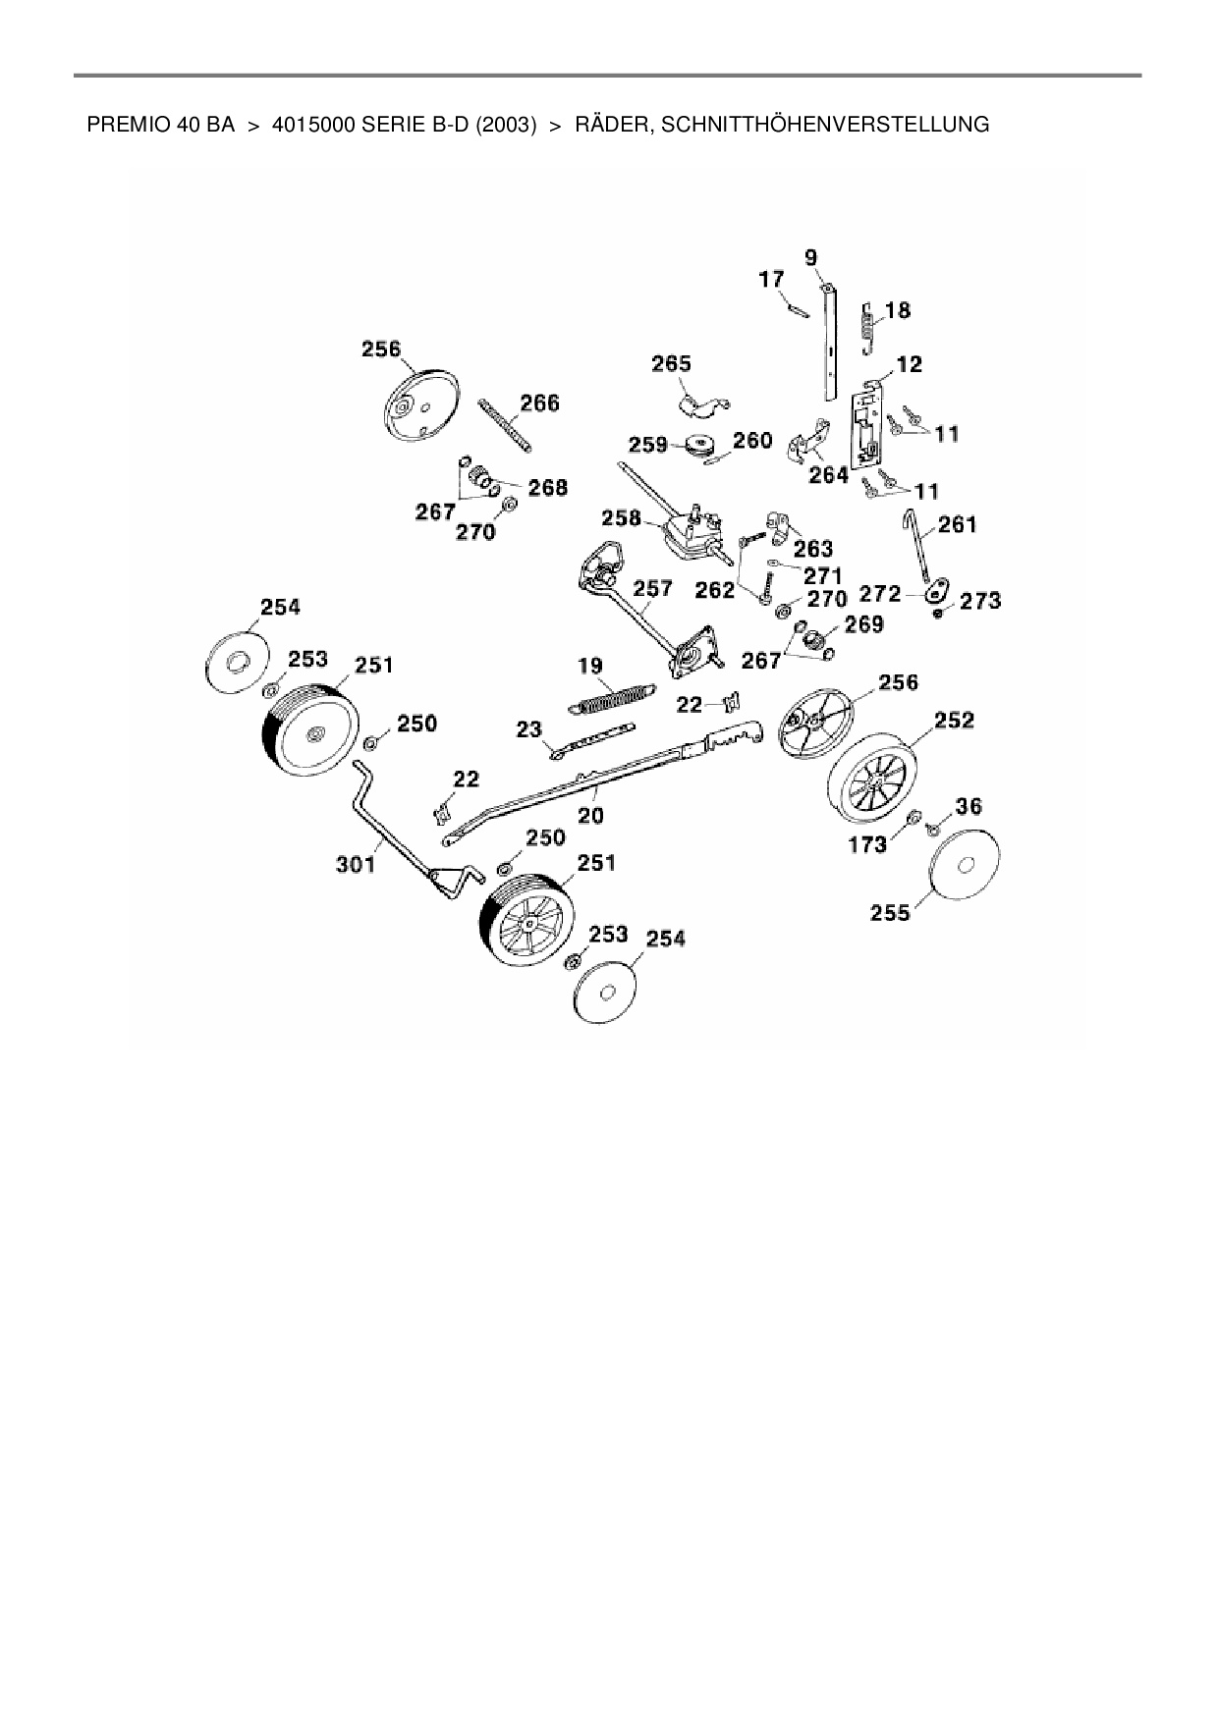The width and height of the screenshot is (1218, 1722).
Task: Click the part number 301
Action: click(x=356, y=865)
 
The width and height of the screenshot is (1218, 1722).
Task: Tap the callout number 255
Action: click(x=890, y=913)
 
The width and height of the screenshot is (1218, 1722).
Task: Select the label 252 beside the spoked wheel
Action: click(x=954, y=721)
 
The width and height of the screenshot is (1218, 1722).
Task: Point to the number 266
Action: click(x=539, y=403)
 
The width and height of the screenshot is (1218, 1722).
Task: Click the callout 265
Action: click(x=672, y=364)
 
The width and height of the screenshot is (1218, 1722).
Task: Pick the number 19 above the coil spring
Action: click(x=590, y=667)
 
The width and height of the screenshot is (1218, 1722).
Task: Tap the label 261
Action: click(x=958, y=525)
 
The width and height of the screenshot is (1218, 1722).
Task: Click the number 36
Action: click(x=969, y=807)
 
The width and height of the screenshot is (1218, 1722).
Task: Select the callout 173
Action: click(x=867, y=843)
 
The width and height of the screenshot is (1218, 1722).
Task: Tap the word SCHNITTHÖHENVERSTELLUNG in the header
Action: click(x=827, y=125)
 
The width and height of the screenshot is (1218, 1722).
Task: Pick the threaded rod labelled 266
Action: click(x=507, y=424)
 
